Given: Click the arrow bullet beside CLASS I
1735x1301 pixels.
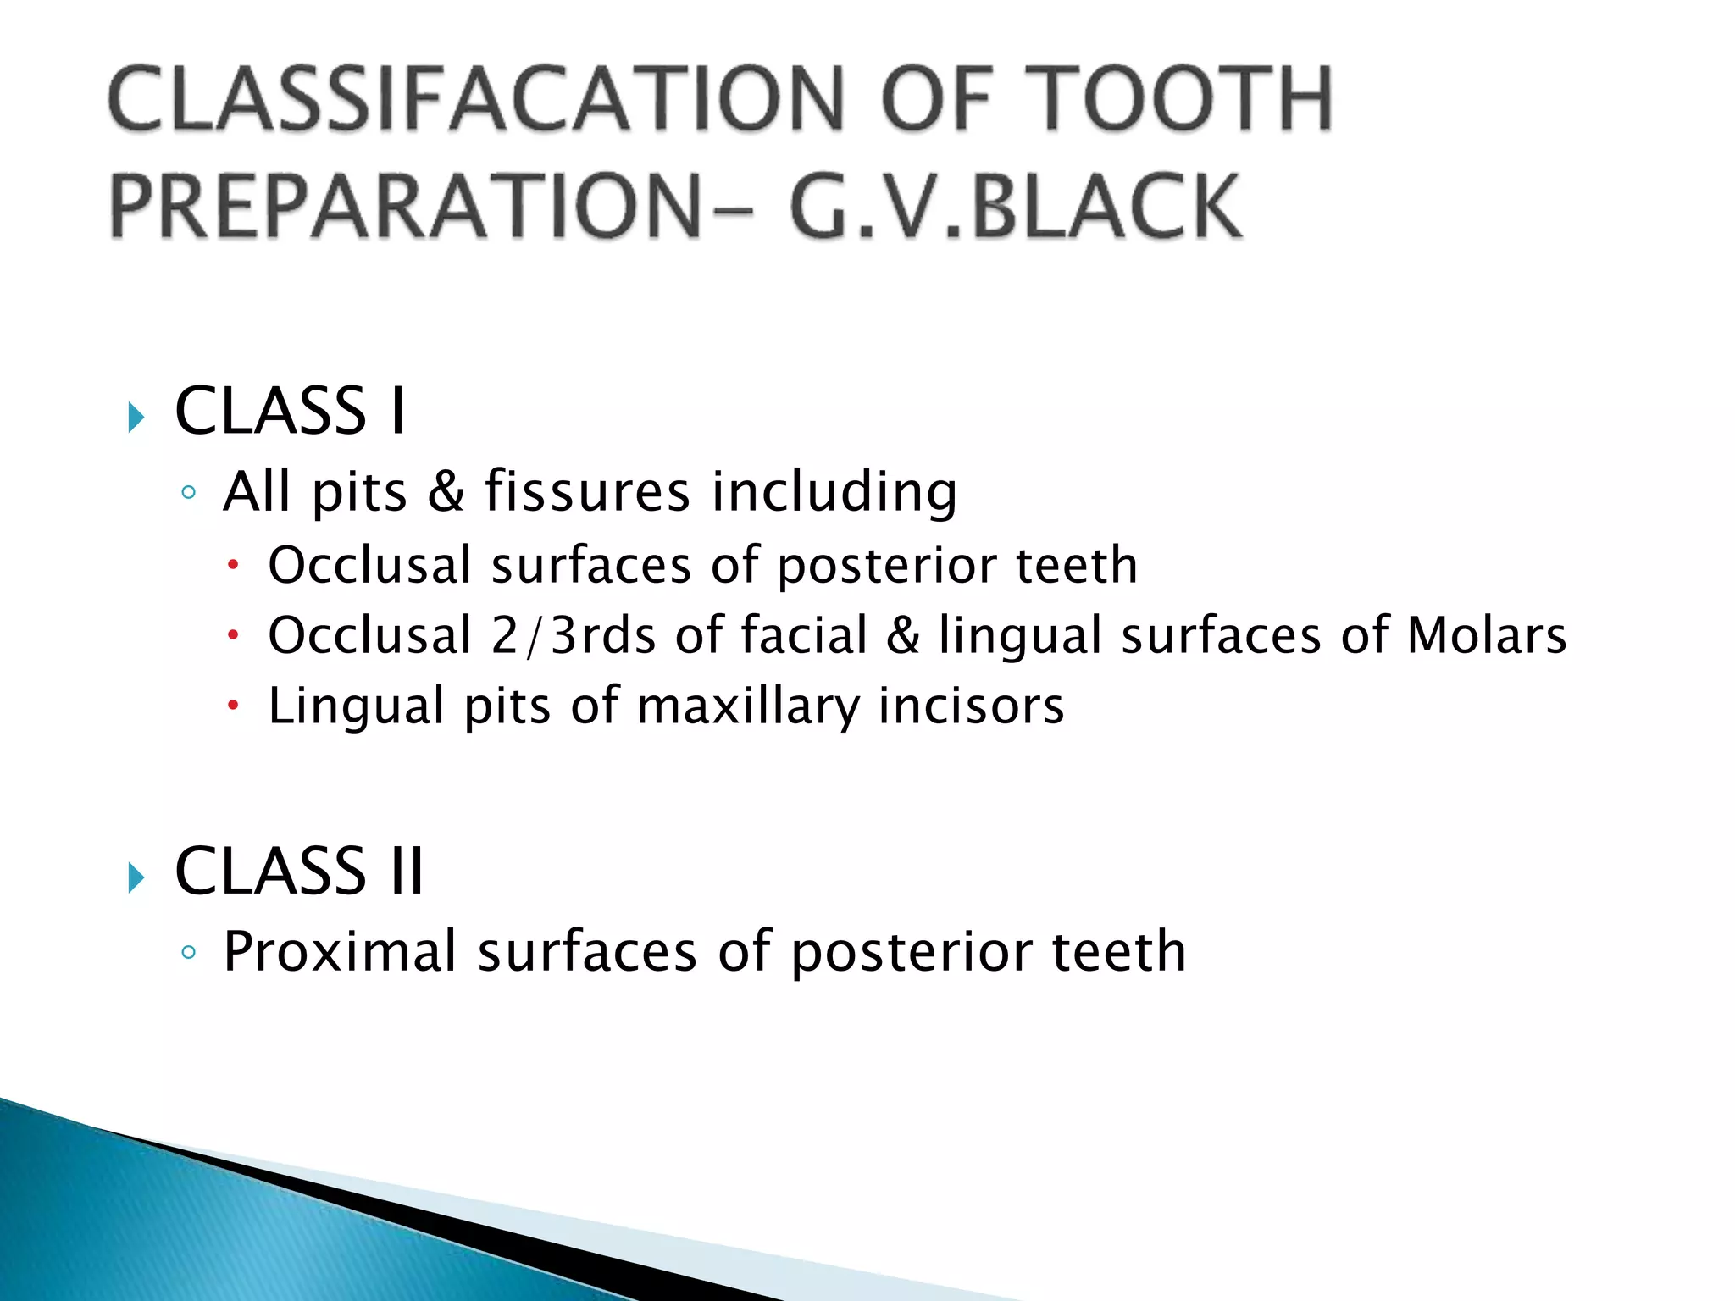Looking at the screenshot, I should tap(136, 417).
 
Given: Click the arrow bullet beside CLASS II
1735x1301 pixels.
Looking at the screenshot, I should tap(136, 877).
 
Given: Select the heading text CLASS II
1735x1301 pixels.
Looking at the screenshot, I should tap(298, 871).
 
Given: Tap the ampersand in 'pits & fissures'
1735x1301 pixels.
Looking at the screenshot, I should tap(446, 491).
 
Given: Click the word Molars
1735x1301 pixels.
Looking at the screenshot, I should tap(1487, 635).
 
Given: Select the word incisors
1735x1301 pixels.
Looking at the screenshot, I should tap(971, 706).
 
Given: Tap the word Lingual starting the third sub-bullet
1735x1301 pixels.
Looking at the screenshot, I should tap(356, 706).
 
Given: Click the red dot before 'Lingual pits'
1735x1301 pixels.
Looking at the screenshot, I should tap(234, 705).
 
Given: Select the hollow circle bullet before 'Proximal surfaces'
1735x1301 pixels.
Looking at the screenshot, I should tap(188, 952).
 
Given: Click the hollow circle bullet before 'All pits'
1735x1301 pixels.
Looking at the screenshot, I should tap(188, 492).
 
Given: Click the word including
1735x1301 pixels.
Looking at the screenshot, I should tap(834, 491).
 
